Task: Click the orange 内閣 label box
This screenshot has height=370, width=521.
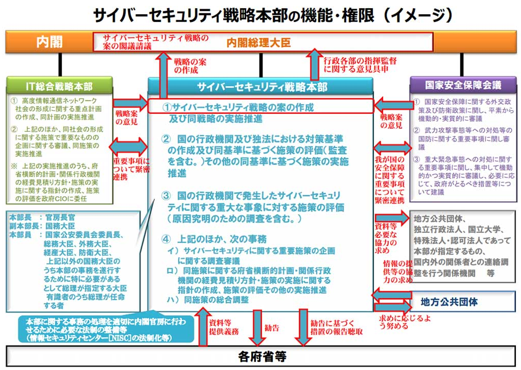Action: (x=49, y=42)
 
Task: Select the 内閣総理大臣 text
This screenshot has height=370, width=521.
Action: (x=258, y=43)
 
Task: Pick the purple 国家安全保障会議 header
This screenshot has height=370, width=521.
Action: (x=463, y=85)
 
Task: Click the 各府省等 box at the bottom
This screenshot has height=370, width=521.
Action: (x=262, y=356)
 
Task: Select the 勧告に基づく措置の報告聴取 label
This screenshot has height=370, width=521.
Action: (x=336, y=327)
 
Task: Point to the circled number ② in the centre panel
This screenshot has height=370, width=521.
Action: (x=165, y=139)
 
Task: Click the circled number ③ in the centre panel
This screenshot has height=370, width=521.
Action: (x=165, y=195)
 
